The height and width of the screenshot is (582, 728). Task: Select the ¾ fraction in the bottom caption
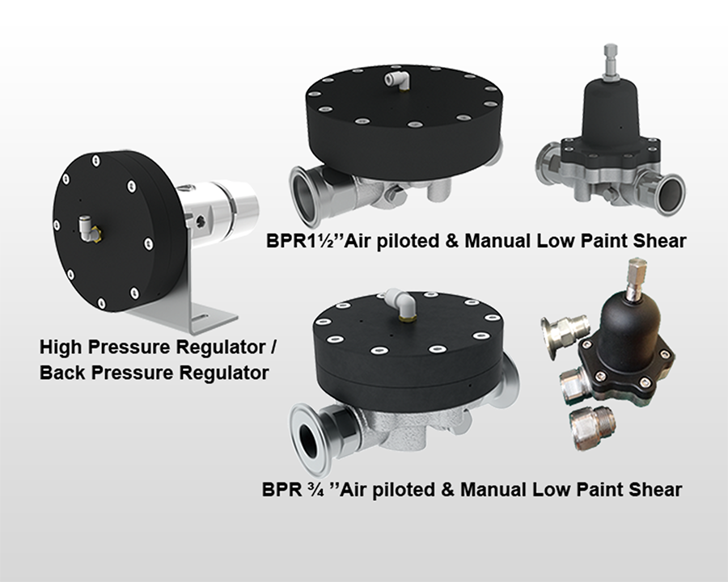(310, 489)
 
